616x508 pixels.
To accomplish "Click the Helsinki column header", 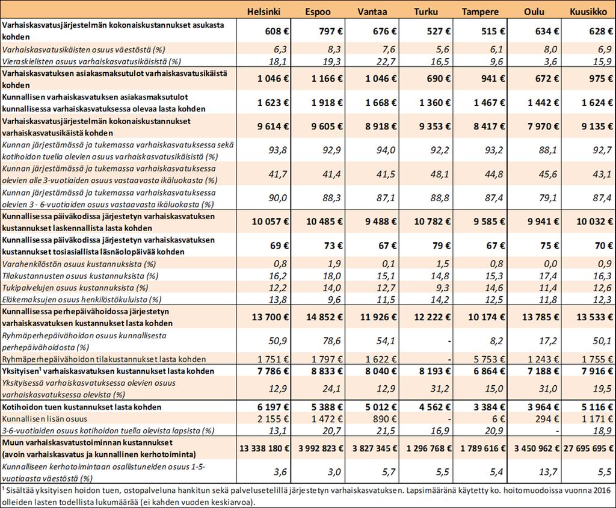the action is click(263, 11).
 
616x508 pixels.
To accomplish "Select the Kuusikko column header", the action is click(588, 11).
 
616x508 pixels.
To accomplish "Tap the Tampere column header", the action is click(480, 12).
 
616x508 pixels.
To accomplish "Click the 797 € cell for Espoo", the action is click(330, 31).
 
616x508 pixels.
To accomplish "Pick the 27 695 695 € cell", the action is click(588, 448).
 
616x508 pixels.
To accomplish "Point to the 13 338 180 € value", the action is click(264, 448).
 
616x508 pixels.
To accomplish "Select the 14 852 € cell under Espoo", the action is click(324, 317).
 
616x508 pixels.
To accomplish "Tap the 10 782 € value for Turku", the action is click(432, 221).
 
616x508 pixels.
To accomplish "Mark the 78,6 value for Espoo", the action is click(332, 341).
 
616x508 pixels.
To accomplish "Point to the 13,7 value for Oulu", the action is click(548, 472).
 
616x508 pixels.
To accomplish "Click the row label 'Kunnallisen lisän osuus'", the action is click(45, 419).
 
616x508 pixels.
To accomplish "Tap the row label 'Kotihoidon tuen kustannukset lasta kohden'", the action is click(82, 407).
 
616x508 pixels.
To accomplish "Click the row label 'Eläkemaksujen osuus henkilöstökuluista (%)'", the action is click(82, 299).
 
